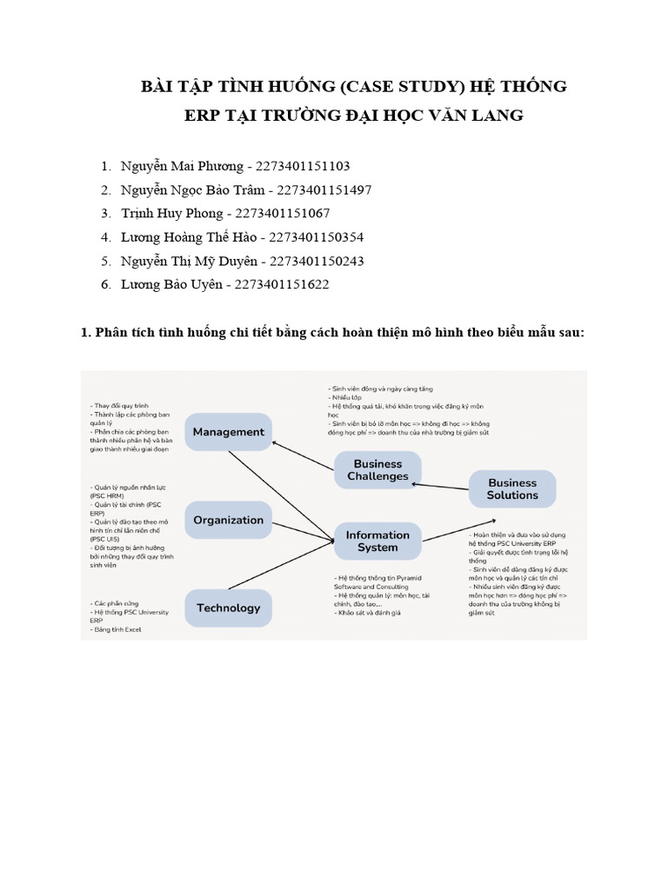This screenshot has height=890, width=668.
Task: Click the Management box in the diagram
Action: pyautogui.click(x=229, y=432)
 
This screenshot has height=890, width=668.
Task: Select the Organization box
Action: pyautogui.click(x=228, y=520)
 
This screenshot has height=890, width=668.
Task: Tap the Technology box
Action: pyautogui.click(x=228, y=608)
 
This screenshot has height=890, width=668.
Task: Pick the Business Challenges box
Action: pyautogui.click(x=377, y=470)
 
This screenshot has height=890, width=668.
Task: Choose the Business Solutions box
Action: pyautogui.click(x=512, y=488)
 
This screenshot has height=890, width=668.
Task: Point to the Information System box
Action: pyautogui.click(x=377, y=541)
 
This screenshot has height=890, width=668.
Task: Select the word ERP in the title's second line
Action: pyautogui.click(x=203, y=116)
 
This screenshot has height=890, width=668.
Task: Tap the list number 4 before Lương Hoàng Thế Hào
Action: pyautogui.click(x=104, y=236)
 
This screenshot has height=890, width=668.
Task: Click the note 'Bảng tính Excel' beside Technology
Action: pyautogui.click(x=116, y=629)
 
